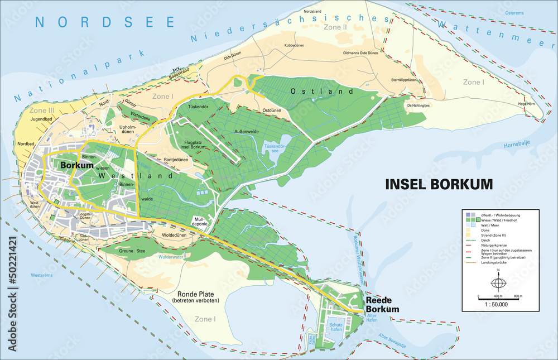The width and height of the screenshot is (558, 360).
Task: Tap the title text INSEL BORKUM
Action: (x=439, y=184)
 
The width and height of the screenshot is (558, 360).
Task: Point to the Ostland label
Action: (x=321, y=91)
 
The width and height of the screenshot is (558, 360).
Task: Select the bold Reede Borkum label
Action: (x=383, y=305)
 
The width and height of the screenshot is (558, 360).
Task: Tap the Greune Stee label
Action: (x=132, y=251)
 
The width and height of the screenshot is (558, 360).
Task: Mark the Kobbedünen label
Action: (x=294, y=45)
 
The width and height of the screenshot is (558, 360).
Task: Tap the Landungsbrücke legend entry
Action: (x=494, y=263)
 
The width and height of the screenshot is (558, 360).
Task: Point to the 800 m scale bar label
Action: (x=517, y=295)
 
